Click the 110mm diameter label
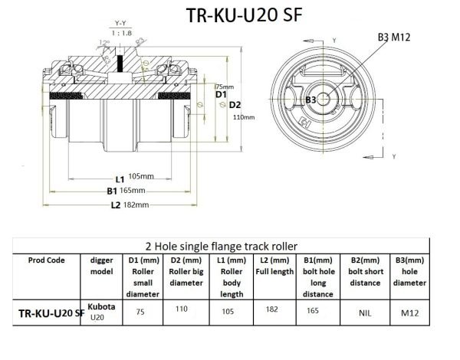click(243, 116)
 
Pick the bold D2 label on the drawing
click(235, 104)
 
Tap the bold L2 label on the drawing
click(116, 205)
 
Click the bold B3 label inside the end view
click(310, 100)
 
